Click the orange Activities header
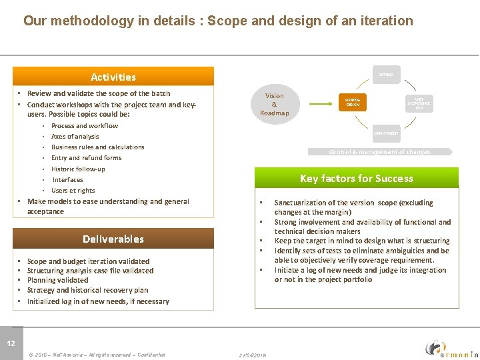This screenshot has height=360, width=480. point(113,77)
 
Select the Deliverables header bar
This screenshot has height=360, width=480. point(113,239)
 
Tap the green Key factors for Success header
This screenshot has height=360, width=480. point(357,178)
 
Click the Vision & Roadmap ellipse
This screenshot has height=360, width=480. point(274,105)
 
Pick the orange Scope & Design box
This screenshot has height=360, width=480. point(353,102)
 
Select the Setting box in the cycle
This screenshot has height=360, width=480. point(386,75)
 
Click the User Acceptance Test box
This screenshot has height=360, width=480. point(419,102)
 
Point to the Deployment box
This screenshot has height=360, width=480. point(386,133)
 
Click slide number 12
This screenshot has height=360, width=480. point(11,343)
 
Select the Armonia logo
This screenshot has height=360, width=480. point(451,348)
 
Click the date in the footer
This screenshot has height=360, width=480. point(253,355)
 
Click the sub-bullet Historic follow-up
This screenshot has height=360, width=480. point(78,169)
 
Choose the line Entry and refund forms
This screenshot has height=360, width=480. point(86,158)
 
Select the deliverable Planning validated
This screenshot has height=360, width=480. point(57,280)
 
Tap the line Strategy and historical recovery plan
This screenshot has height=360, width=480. point(87,290)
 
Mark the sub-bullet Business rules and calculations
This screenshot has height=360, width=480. point(97,147)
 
